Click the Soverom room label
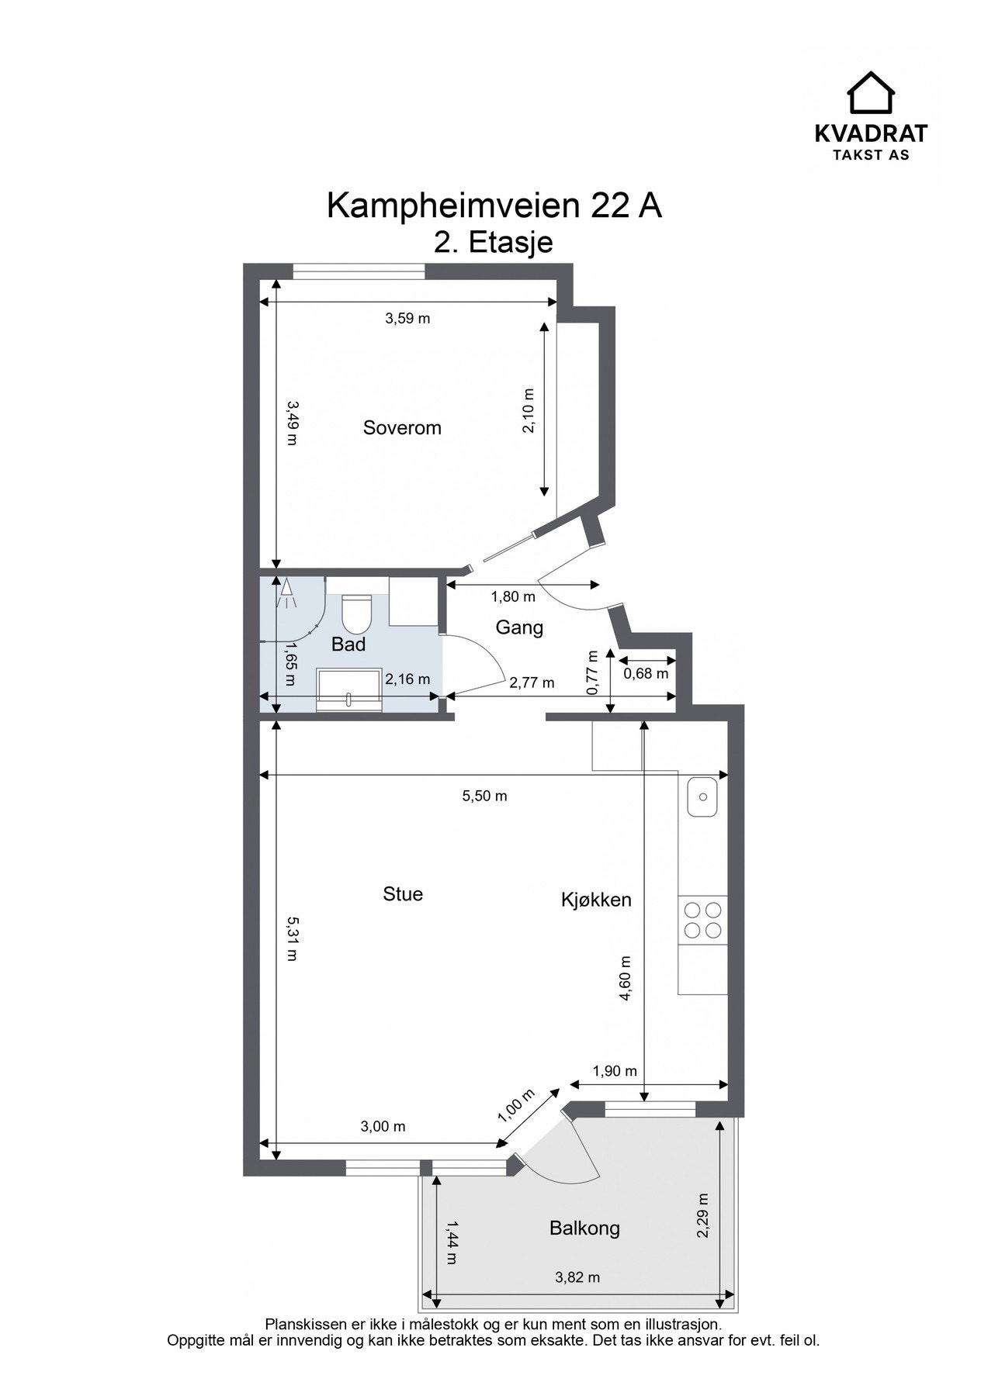[402, 427]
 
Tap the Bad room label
[348, 644]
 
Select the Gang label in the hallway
[519, 627]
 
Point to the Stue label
[403, 893]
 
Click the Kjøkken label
[596, 900]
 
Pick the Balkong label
[584, 1228]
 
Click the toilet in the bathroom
[357, 612]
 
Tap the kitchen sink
[703, 796]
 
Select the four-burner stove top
[702, 920]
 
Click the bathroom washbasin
[349, 689]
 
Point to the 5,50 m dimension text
[485, 796]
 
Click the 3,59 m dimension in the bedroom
[407, 318]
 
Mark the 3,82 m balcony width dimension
[577, 1277]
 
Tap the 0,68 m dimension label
[646, 673]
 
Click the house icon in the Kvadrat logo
[871, 93]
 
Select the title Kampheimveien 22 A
[494, 206]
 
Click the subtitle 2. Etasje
[494, 242]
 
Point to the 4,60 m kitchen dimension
[626, 979]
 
